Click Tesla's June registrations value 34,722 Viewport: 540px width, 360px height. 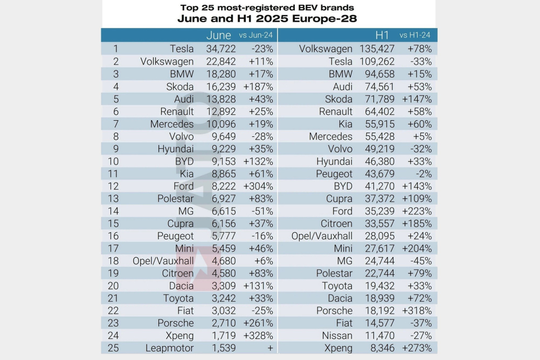221,49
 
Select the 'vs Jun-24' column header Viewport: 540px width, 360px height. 255,35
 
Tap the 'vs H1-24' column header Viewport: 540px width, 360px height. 414,35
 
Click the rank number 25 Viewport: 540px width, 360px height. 113,348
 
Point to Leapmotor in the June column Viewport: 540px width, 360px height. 169,348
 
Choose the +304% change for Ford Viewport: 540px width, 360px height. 258,186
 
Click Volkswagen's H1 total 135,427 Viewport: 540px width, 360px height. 377,49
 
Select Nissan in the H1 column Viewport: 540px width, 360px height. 337,336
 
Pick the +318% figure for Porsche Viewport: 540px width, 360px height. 417,311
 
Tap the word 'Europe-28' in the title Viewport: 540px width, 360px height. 324,18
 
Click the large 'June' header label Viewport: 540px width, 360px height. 219,35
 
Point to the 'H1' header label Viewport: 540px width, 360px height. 382,35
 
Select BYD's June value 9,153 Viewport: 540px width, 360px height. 224,162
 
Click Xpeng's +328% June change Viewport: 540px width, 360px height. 258,336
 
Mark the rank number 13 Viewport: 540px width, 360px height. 113,199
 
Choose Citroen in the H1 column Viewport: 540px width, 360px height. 336,224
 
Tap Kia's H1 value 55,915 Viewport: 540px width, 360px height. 380,124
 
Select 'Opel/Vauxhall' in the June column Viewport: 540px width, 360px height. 163,261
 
